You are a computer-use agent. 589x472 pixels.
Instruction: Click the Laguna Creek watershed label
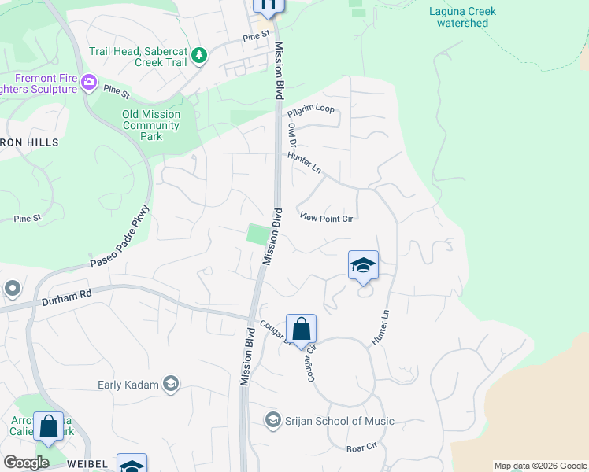tap(463, 17)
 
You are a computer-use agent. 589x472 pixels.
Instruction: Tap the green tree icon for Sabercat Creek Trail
tap(200, 55)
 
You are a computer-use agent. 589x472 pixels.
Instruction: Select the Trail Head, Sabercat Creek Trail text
tap(138, 56)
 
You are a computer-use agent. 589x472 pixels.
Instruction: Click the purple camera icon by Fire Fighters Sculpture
tap(89, 81)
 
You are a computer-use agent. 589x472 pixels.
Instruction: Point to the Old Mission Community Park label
tap(150, 125)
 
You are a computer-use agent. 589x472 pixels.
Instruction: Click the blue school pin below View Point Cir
tap(363, 266)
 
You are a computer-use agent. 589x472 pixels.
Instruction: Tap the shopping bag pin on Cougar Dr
tap(301, 329)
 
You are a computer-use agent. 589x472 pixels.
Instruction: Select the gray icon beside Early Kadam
tap(170, 384)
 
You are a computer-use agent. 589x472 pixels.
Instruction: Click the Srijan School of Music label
tap(340, 421)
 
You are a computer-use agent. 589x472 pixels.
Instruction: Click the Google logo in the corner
tap(26, 463)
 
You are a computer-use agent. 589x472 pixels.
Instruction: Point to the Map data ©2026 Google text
tap(540, 466)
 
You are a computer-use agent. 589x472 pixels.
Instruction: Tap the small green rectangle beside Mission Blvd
tap(257, 234)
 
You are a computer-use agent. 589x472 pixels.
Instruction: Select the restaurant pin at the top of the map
tap(268, 6)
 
